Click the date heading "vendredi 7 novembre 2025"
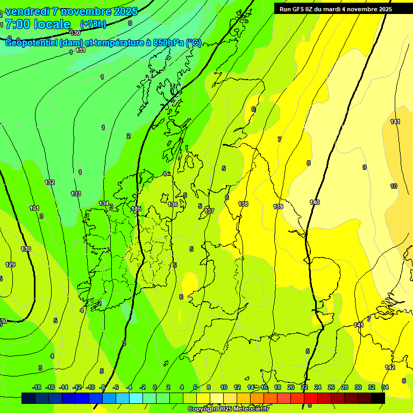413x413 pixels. pyautogui.click(x=72, y=11)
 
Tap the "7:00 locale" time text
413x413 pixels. pyautogui.click(x=38, y=24)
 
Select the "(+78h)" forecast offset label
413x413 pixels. pyautogui.click(x=93, y=24)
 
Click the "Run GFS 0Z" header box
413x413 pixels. pyautogui.click(x=336, y=9)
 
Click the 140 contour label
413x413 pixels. pyautogui.click(x=315, y=202)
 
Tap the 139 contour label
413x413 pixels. pyautogui.click(x=278, y=206)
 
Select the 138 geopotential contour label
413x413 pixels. pyautogui.click(x=243, y=204)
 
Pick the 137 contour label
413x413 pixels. pyautogui.click(x=209, y=211)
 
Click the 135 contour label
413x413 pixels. pyautogui.click(x=136, y=209)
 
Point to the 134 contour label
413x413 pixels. pyautogui.click(x=104, y=203)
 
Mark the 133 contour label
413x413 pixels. pyautogui.click(x=76, y=194)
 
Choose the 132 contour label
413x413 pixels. pyautogui.click(x=49, y=182)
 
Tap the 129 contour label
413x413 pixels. pyautogui.click(x=10, y=265)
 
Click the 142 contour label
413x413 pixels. pyautogui.click(x=390, y=367)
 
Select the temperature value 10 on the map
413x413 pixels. pyautogui.click(x=394, y=186)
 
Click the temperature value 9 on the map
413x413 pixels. pyautogui.click(x=364, y=167)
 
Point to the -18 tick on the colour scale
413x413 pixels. pyautogui.click(x=37, y=387)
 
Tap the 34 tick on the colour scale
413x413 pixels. pyautogui.click(x=384, y=387)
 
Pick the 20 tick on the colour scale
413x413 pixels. pyautogui.click(x=291, y=387)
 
